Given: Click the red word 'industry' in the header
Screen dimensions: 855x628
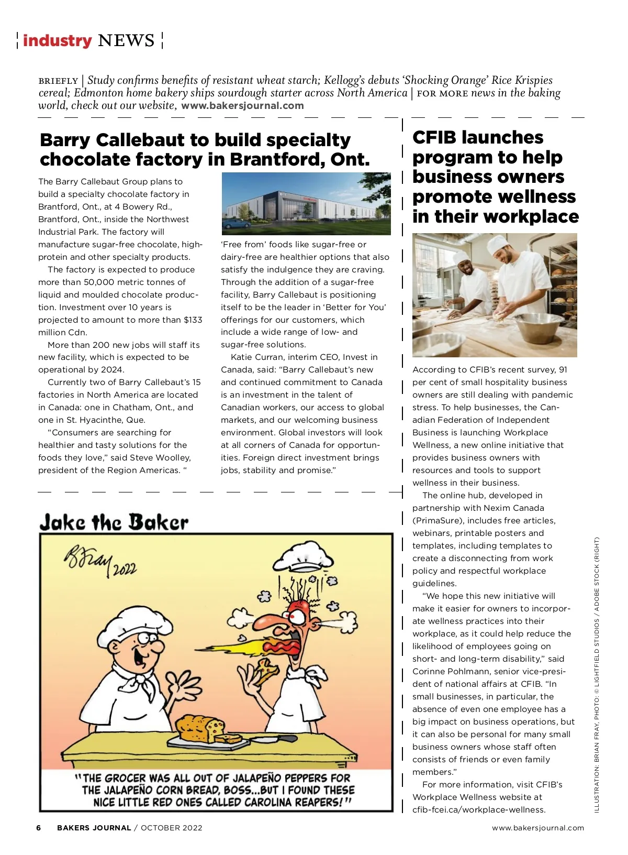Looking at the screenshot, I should pos(57,40).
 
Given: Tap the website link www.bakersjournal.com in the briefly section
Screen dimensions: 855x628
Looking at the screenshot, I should pos(242,105).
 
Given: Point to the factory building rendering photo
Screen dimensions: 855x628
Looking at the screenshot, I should pos(306,204).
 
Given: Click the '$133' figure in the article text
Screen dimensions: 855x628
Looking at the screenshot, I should pos(193,320).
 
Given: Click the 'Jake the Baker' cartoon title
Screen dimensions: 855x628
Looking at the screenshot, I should pos(114,522).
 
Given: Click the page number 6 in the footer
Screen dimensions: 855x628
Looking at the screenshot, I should pos(39,828).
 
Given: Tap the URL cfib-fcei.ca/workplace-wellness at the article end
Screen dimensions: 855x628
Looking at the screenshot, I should pos(479,809).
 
